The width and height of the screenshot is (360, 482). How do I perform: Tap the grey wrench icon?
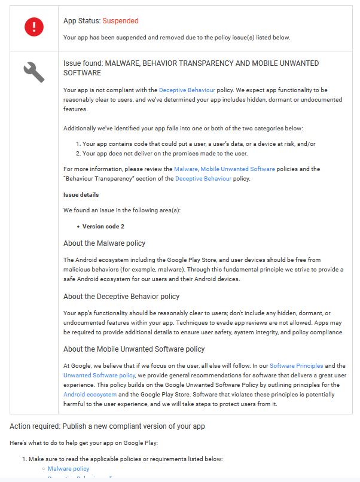[33, 72]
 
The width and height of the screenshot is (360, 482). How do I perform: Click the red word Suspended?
[120, 21]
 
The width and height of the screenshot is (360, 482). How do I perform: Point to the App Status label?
[81, 21]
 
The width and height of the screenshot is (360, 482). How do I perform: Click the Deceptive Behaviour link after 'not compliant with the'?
[187, 90]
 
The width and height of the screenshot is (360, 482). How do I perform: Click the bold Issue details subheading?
[81, 195]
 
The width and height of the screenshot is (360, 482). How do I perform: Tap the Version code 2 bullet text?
[103, 227]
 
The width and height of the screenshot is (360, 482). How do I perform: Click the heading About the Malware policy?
[104, 243]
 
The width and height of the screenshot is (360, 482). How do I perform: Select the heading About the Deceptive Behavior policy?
[121, 297]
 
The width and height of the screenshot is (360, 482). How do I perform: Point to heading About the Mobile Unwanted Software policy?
[134, 349]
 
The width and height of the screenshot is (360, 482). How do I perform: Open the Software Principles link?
[296, 365]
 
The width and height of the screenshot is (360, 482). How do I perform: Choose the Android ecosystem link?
[90, 395]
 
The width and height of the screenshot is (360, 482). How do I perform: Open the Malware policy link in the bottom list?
[68, 468]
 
